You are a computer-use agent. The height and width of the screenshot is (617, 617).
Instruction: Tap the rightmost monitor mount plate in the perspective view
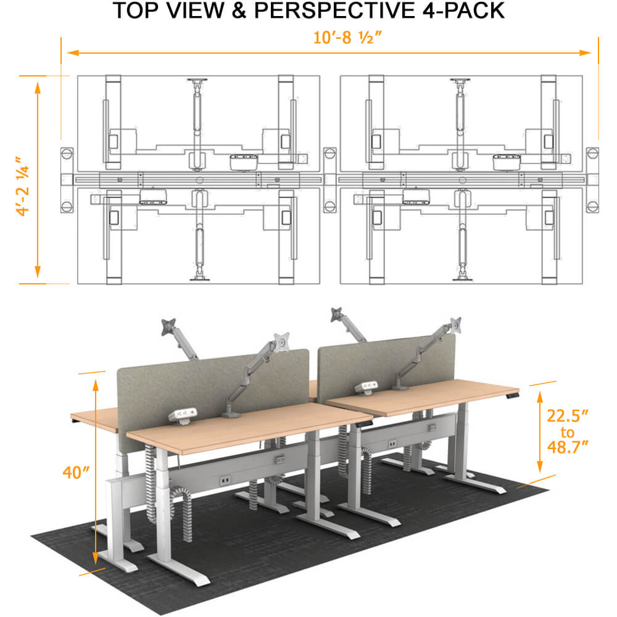point(455,323)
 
